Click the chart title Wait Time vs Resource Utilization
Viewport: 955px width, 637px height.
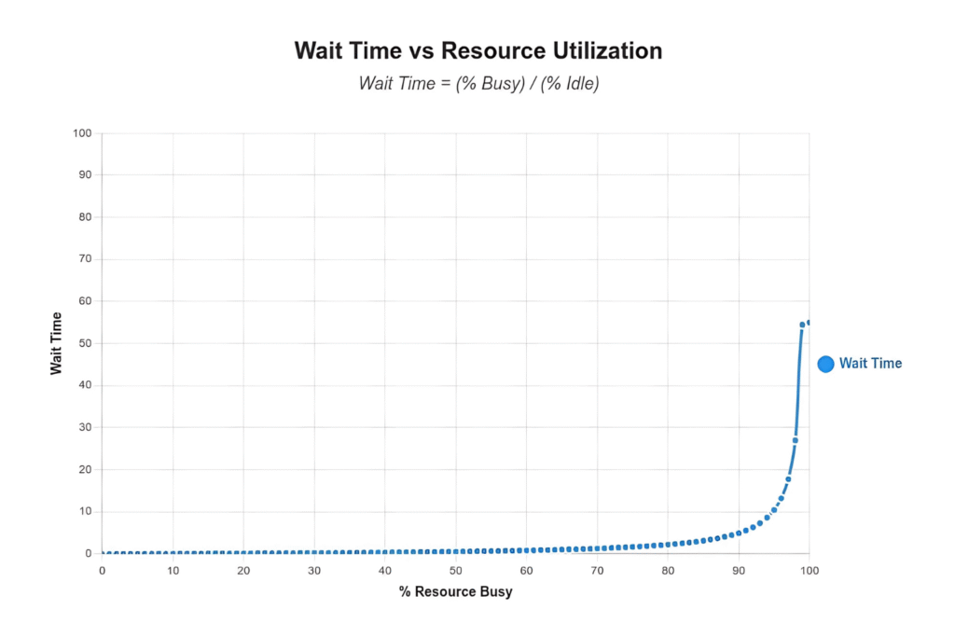tap(477, 50)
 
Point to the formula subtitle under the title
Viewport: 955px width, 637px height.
tap(477, 83)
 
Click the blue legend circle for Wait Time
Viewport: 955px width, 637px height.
tap(825, 364)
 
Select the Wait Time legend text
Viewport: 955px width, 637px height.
tap(870, 364)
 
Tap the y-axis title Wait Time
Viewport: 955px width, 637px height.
tap(57, 343)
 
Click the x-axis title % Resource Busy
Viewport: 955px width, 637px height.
tap(455, 591)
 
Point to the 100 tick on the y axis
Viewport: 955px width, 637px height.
tap(82, 133)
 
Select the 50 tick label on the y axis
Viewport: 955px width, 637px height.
tap(85, 343)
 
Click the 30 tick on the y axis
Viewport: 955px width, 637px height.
tap(85, 427)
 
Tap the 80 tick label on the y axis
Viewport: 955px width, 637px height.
tap(85, 217)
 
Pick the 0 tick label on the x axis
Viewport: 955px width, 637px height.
tap(102, 570)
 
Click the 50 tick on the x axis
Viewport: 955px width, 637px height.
tap(455, 570)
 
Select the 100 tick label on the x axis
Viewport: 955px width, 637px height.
tap(809, 570)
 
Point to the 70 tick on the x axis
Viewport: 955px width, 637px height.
tap(597, 570)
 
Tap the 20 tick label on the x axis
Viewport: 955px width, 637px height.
tap(243, 570)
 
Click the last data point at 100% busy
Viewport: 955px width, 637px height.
tap(809, 323)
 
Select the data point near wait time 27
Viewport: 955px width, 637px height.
tap(795, 440)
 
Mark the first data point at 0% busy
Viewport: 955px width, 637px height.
tap(103, 553)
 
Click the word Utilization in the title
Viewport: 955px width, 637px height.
tap(604, 50)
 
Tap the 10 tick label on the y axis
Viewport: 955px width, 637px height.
tap(85, 511)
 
